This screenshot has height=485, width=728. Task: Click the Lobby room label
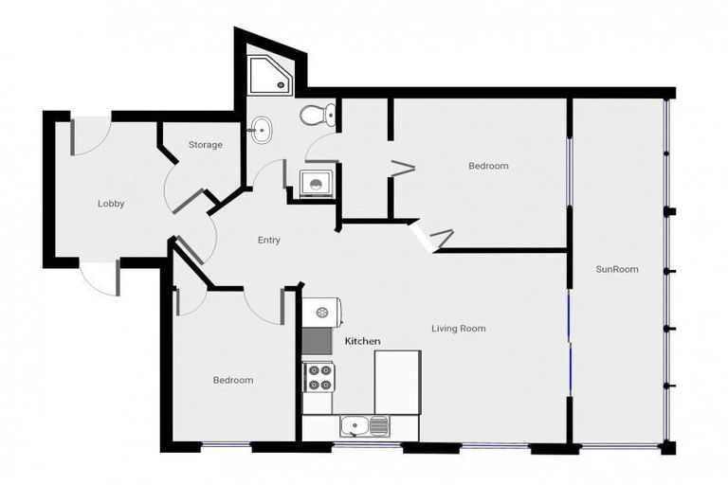coord(111,204)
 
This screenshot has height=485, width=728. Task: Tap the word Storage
coord(205,145)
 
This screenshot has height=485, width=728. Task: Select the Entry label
coord(268,241)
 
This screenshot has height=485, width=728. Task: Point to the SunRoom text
coord(616,269)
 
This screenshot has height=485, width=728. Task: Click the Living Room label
coord(458,329)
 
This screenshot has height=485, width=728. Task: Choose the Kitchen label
coord(362,340)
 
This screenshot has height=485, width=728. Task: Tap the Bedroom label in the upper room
coord(488,166)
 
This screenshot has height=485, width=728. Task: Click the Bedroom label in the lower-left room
coord(232,380)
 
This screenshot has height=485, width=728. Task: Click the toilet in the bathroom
coord(317,116)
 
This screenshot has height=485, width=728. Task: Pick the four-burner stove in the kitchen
coord(318,376)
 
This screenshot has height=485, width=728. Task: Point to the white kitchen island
coord(397,381)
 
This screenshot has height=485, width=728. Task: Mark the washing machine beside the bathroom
coord(314,182)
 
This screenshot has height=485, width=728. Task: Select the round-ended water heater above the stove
coord(321,311)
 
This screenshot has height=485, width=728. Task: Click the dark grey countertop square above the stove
coord(317,340)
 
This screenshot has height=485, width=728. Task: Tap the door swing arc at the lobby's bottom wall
coord(98,278)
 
